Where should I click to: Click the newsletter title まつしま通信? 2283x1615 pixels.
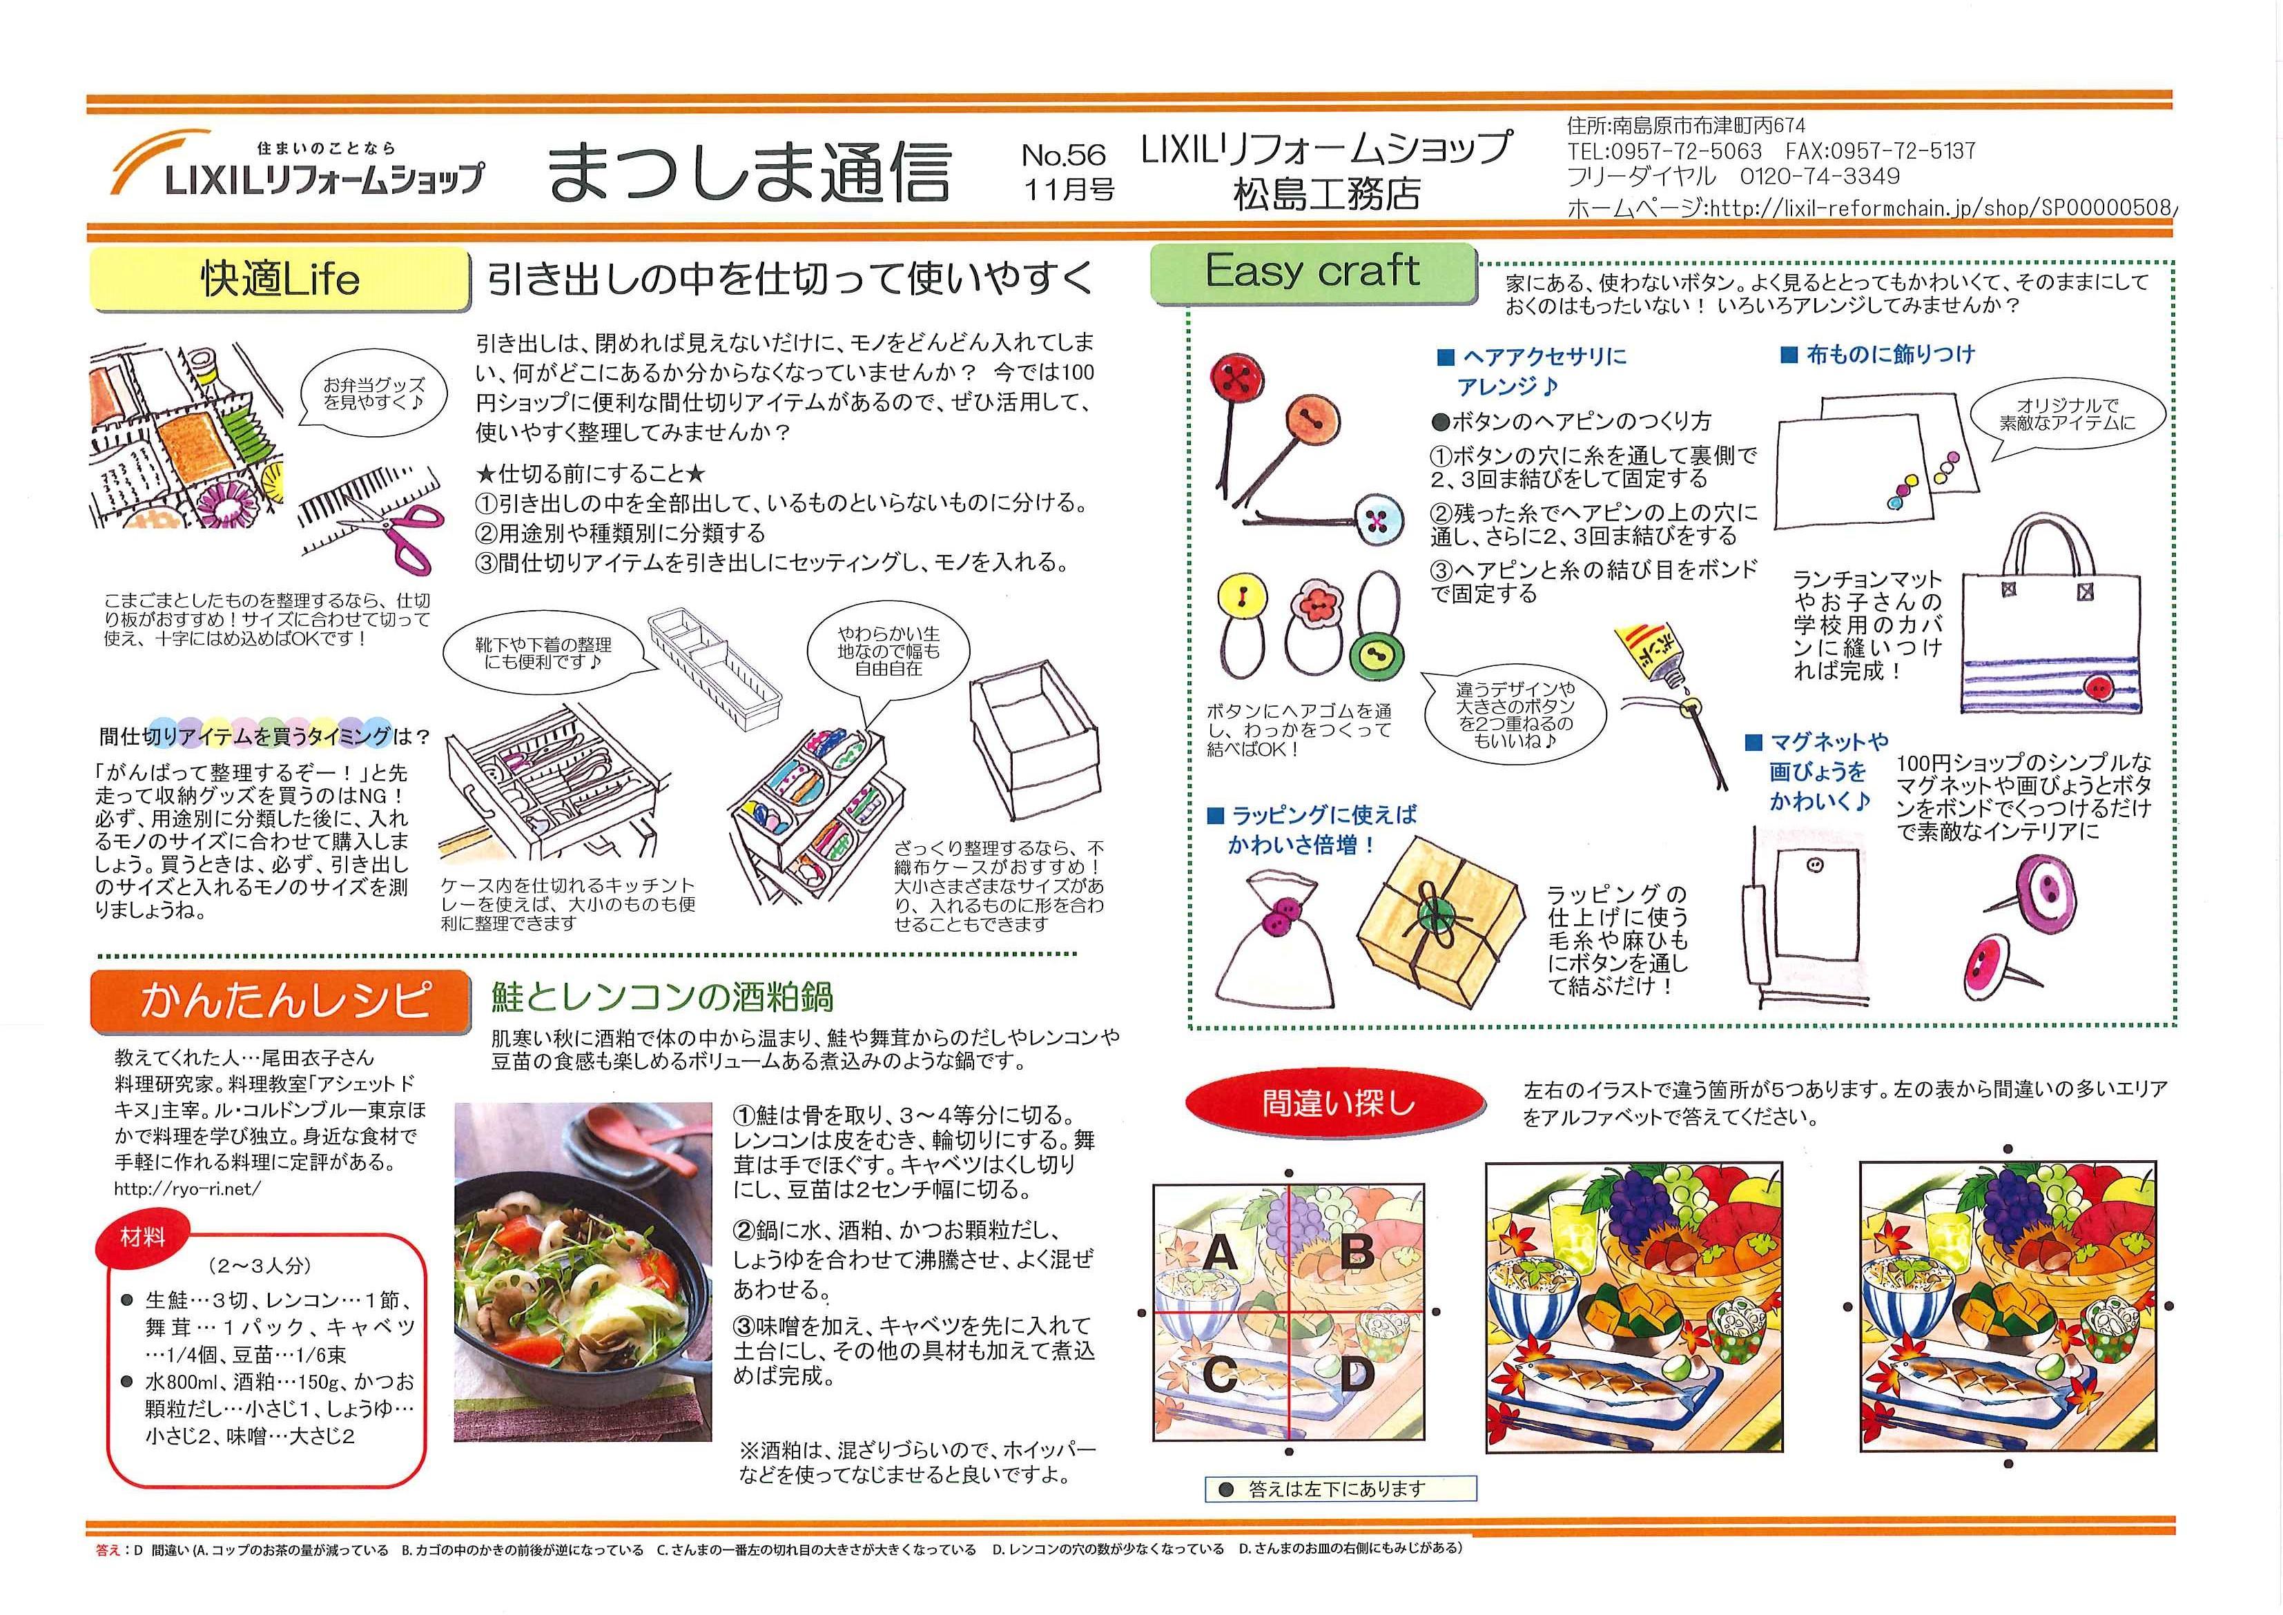tap(748, 172)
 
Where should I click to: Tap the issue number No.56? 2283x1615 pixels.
tap(1063, 155)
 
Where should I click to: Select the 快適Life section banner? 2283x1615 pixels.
tap(280, 278)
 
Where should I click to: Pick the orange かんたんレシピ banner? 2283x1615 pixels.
tap(280, 999)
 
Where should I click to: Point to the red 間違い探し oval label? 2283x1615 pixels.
tap(1337, 1103)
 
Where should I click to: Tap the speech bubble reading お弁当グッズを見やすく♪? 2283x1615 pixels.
tap(373, 394)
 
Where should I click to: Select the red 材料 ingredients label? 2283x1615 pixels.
tap(142, 1238)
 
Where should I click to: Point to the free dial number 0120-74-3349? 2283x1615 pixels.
tap(1820, 177)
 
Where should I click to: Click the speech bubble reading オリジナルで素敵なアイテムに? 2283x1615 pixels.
tap(2066, 413)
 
